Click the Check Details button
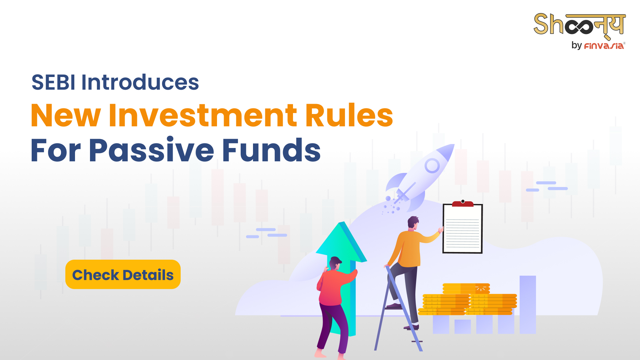pos(123,274)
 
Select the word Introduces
pos(140,82)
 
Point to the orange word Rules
pos(349,115)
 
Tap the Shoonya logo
pos(580,25)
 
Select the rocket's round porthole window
pos(432,165)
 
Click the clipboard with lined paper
pos(462,228)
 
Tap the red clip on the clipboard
pos(463,203)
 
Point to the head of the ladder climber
pos(413,223)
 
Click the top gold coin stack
pos(466,289)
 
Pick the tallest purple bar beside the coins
pos(528,305)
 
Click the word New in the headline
pos(66,115)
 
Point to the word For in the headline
pos(56,150)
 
